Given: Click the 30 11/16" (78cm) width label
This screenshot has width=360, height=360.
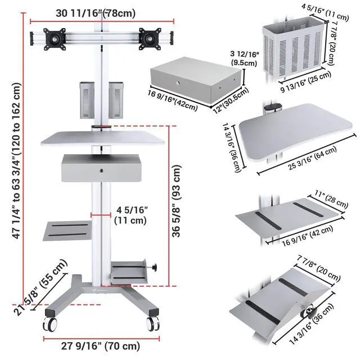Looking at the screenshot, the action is pyautogui.click(x=96, y=13).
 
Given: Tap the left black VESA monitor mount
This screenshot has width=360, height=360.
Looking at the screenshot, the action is pyautogui.click(x=55, y=39).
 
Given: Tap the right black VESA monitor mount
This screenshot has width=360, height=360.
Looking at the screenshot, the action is pyautogui.click(x=150, y=39).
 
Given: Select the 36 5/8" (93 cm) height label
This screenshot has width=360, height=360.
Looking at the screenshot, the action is pyautogui.click(x=177, y=201).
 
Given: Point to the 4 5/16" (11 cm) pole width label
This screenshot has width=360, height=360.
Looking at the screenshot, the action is pyautogui.click(x=130, y=215).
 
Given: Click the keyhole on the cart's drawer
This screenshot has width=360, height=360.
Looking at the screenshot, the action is pyautogui.click(x=101, y=170).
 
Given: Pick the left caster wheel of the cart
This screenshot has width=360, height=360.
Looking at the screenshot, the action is pyautogui.click(x=50, y=324).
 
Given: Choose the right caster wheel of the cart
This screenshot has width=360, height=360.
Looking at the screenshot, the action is pyautogui.click(x=153, y=324).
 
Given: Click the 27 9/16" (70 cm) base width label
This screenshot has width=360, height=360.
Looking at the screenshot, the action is pyautogui.click(x=101, y=346).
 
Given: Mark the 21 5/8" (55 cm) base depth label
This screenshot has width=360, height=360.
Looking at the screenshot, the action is pyautogui.click(x=40, y=287).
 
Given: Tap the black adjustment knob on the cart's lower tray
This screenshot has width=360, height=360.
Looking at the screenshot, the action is pyautogui.click(x=154, y=267).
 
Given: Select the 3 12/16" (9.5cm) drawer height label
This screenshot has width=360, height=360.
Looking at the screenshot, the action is pyautogui.click(x=245, y=58).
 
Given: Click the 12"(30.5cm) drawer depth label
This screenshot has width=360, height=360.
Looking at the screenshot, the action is pyautogui.click(x=231, y=100).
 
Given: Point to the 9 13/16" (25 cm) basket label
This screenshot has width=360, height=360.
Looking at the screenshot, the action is pyautogui.click(x=306, y=82).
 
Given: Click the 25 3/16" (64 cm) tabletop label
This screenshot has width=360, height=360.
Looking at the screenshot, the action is pyautogui.click(x=313, y=158).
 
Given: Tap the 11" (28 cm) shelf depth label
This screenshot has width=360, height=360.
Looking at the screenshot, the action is pyautogui.click(x=331, y=199).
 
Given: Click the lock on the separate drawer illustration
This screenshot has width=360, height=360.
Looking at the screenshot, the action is pyautogui.click(x=178, y=83).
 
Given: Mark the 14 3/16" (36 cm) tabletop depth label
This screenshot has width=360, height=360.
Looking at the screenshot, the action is pyautogui.click(x=231, y=148).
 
